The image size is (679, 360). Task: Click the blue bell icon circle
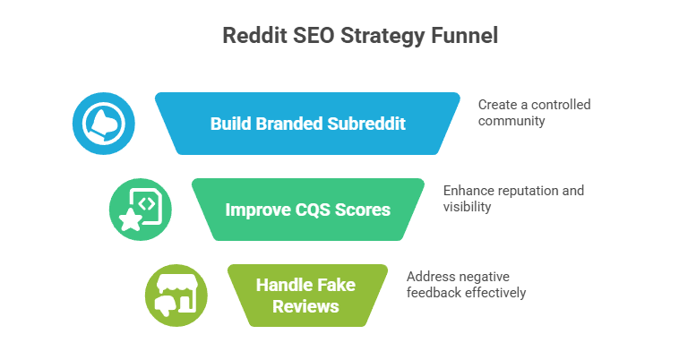click(x=104, y=124)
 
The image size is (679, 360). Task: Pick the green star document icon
click(x=140, y=210)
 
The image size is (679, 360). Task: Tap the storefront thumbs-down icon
click(x=176, y=295)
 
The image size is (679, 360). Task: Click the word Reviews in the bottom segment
click(x=307, y=306)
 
